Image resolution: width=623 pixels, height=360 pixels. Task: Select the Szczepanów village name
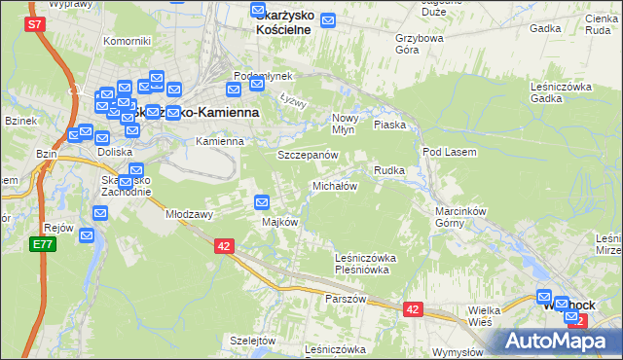308,156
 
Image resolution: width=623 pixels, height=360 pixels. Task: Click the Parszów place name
346,299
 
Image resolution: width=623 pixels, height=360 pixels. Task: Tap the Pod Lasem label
448,152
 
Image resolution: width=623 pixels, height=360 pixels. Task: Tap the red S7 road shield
34,24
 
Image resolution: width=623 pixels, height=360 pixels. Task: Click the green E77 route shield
42,244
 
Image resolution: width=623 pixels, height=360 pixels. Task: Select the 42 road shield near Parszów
414,309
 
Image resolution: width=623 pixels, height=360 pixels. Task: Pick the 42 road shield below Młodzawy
224,247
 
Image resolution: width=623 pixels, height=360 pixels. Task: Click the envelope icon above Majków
262,202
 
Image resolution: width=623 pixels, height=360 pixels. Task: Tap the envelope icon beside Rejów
87,234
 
